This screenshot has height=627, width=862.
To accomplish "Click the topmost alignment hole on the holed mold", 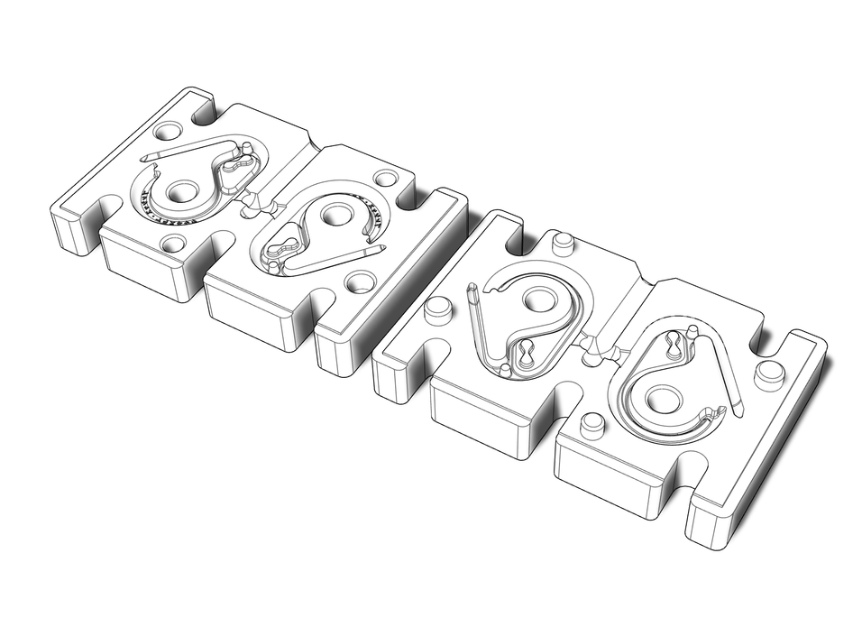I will (166, 131).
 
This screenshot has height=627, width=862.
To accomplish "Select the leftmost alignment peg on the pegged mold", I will (439, 308).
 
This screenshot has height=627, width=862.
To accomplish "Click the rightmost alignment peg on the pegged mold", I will (768, 371).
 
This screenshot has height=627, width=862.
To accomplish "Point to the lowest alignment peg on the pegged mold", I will (592, 423).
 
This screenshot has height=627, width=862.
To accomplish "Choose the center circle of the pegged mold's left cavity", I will (540, 300).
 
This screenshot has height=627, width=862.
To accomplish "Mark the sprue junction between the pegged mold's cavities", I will (595, 343).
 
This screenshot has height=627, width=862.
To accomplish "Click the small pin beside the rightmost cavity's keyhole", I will (691, 331).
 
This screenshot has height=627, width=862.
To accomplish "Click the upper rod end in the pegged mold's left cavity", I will (471, 290).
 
